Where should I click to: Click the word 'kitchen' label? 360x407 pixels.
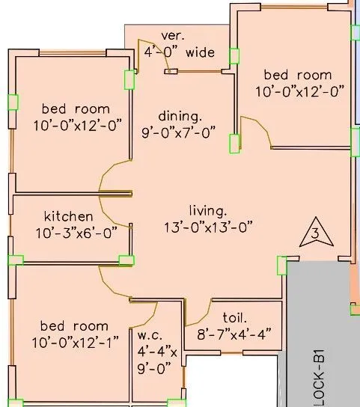pyautogui.click(x=68, y=217)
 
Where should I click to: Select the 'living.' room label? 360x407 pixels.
pyautogui.click(x=208, y=209)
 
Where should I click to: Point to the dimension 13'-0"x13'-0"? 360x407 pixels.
pyautogui.click(x=208, y=226)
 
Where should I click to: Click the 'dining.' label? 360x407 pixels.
pyautogui.click(x=180, y=117)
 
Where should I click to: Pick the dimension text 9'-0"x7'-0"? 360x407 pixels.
pyautogui.click(x=179, y=132)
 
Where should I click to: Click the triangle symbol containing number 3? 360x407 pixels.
pyautogui.click(x=314, y=234)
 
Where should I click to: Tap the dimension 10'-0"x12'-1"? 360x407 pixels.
pyautogui.click(x=74, y=342)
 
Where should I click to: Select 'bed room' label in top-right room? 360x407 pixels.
pyautogui.click(x=297, y=75)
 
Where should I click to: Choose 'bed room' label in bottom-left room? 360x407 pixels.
pyautogui.click(x=74, y=326)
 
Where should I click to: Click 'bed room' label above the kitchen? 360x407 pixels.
pyautogui.click(x=76, y=108)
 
